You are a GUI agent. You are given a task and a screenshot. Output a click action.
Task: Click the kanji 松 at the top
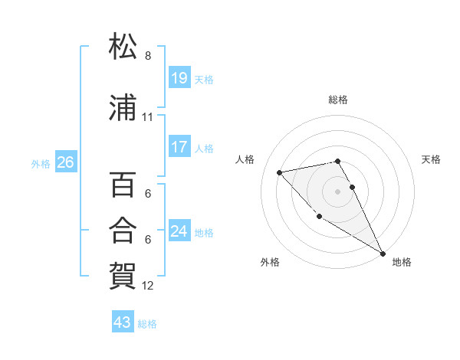coord(123,47)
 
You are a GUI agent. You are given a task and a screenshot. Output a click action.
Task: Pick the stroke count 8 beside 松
coord(148,56)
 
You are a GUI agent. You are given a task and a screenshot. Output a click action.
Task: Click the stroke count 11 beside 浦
coord(148,117)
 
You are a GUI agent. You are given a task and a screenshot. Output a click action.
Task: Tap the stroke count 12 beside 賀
coord(148,286)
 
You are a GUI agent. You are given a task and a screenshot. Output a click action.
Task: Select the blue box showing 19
coord(179,77)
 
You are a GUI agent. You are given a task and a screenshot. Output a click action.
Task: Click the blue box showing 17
coord(179,147)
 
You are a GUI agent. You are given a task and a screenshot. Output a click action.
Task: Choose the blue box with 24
coord(179,231)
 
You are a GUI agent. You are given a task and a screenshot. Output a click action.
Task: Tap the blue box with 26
coord(65,162)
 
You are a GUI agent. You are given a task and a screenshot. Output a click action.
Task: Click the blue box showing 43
coord(122,322)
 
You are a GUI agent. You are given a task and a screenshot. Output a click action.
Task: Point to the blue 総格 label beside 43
coord(147,324)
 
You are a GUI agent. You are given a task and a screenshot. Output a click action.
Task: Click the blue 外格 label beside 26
coord(41,163)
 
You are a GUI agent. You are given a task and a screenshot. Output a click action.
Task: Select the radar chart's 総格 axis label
coord(338,100)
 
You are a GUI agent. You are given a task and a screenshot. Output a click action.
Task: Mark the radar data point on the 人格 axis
coord(280,172)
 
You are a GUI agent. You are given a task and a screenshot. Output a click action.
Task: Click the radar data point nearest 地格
coord(383,254)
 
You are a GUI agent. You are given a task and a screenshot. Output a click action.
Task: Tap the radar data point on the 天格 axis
coord(353,187)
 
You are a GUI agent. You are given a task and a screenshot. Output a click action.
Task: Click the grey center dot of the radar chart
coord(338,191)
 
